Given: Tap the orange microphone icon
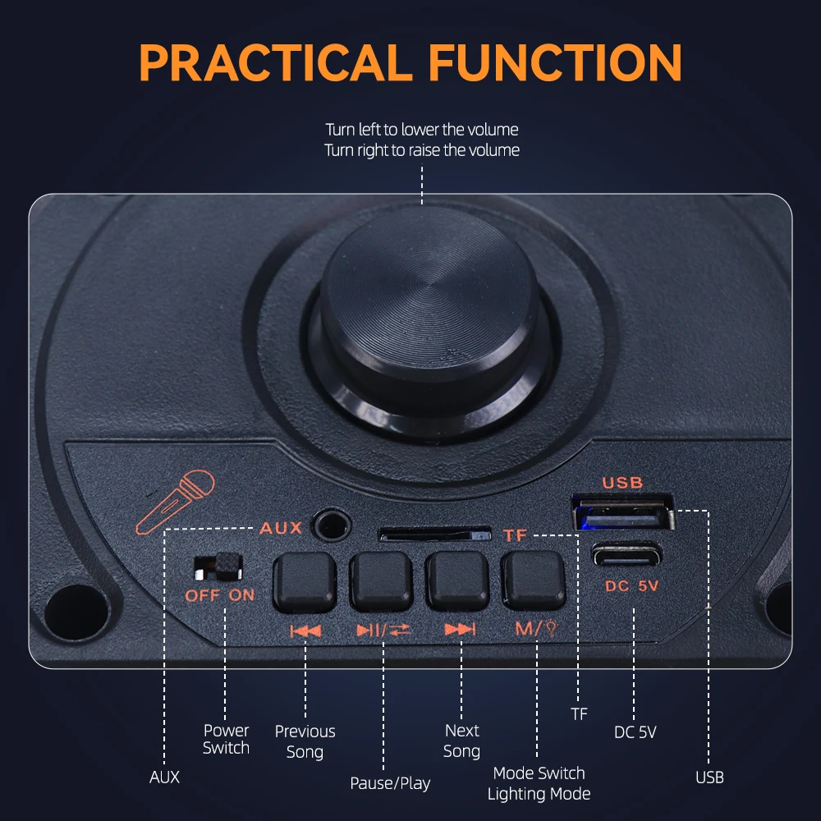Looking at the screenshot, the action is (x=175, y=502).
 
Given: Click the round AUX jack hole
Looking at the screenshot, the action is (x=331, y=525).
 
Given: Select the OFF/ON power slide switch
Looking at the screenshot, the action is (x=218, y=567).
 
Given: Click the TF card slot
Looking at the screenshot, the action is (x=434, y=534).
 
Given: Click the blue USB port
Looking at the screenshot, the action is (x=623, y=512).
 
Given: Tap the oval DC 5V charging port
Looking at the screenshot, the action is (x=626, y=554).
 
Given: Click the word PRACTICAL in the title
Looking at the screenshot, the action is (x=276, y=63).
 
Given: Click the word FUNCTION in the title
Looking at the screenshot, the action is (x=555, y=63).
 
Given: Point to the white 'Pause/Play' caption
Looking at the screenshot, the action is (x=390, y=783).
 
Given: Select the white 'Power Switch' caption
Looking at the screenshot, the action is (x=227, y=739).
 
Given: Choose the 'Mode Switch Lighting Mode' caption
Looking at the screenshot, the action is (x=539, y=783).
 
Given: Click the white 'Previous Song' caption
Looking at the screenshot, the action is (x=305, y=741).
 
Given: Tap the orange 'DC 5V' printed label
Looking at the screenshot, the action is (x=631, y=586).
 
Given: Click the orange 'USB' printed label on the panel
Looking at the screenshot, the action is (x=622, y=482).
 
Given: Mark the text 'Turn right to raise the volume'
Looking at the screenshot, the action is (x=422, y=150).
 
